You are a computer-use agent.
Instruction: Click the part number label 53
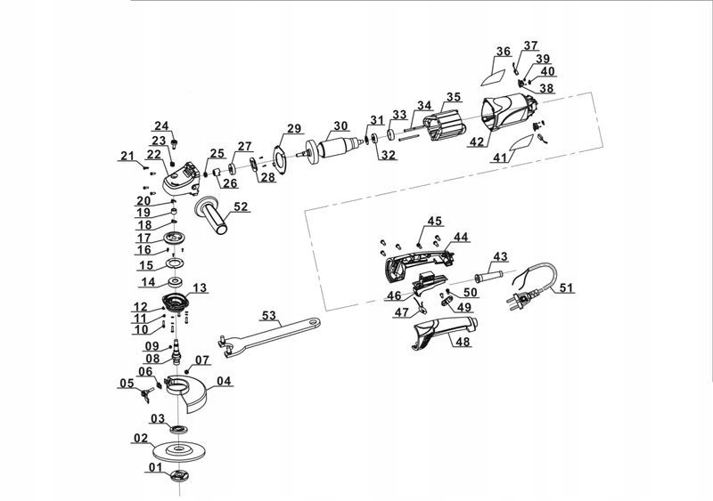(x=268, y=316)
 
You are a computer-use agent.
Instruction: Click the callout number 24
(x=161, y=125)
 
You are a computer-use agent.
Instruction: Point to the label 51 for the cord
(x=567, y=287)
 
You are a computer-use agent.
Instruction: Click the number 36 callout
(x=504, y=52)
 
